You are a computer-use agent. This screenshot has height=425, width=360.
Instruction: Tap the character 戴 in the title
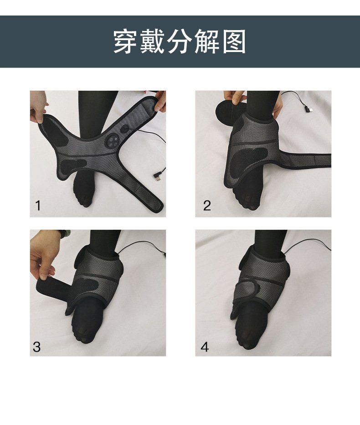tap(153, 41)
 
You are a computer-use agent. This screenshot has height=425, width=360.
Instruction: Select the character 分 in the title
tap(180, 41)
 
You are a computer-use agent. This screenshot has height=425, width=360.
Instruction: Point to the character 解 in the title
tap(206, 41)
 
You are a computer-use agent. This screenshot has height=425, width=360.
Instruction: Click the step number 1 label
tap(38, 206)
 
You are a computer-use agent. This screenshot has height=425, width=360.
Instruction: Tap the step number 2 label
tap(207, 206)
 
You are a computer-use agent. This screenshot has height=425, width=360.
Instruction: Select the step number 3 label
tap(36, 347)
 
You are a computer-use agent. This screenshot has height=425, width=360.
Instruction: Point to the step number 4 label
tap(205, 347)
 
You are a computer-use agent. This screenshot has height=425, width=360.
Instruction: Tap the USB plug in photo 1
tap(157, 177)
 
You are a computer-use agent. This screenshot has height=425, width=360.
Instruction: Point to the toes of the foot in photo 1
tap(84, 201)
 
